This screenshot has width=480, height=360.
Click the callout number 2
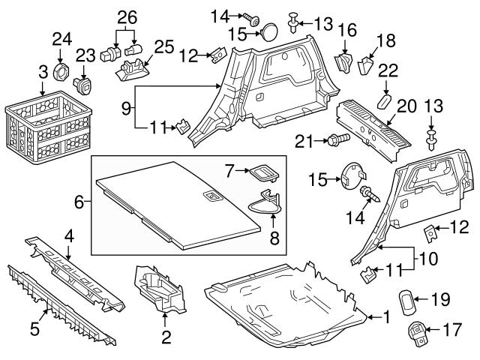[x=166, y=335]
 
